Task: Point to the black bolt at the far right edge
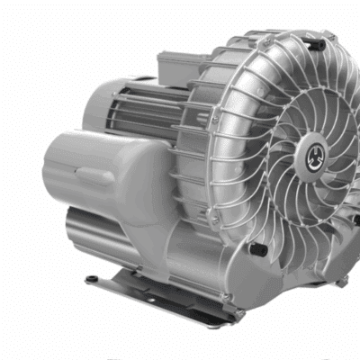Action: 356,219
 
